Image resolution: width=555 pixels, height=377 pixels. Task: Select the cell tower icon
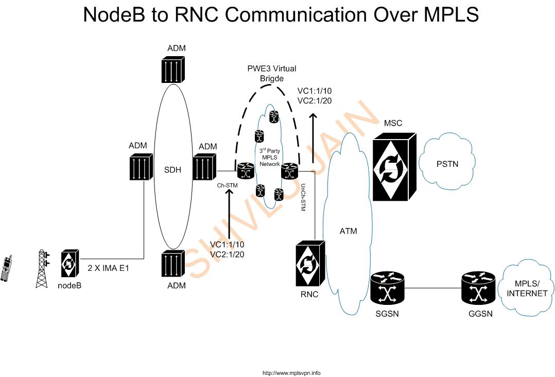(43, 268)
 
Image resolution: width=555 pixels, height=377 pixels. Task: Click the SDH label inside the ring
(172, 169)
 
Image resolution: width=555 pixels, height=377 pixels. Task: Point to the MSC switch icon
(393, 166)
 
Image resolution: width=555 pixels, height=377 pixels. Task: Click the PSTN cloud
(447, 164)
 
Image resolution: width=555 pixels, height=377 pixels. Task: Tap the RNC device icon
(309, 265)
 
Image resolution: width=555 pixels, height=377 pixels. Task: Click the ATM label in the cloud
(348, 231)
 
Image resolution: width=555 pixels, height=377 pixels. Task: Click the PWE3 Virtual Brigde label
(271, 73)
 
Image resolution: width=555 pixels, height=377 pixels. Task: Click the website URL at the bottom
(291, 373)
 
